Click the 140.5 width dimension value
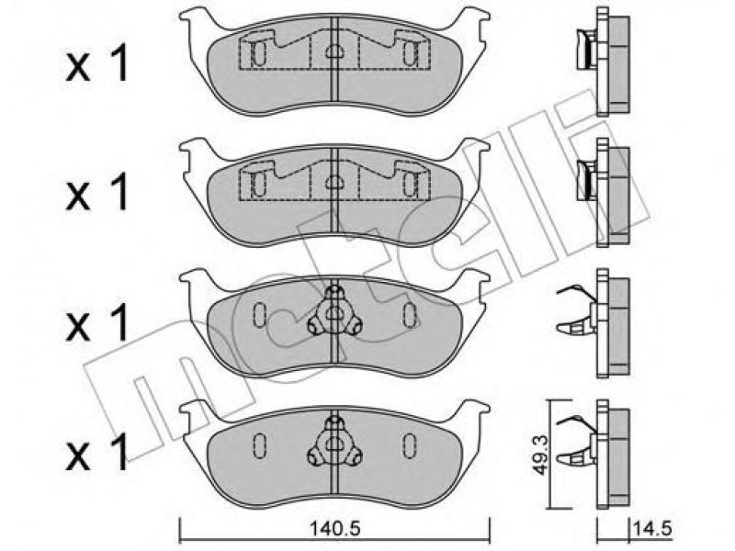pyautogui.click(x=334, y=530)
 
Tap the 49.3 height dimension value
pyautogui.click(x=540, y=454)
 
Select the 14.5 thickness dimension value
pyautogui.click(x=652, y=530)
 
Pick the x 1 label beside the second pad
pyautogui.click(x=97, y=192)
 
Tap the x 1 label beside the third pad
pyautogui.click(x=97, y=322)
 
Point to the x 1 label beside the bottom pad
pyautogui.click(x=97, y=454)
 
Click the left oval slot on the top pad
pyautogui.click(x=260, y=52)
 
